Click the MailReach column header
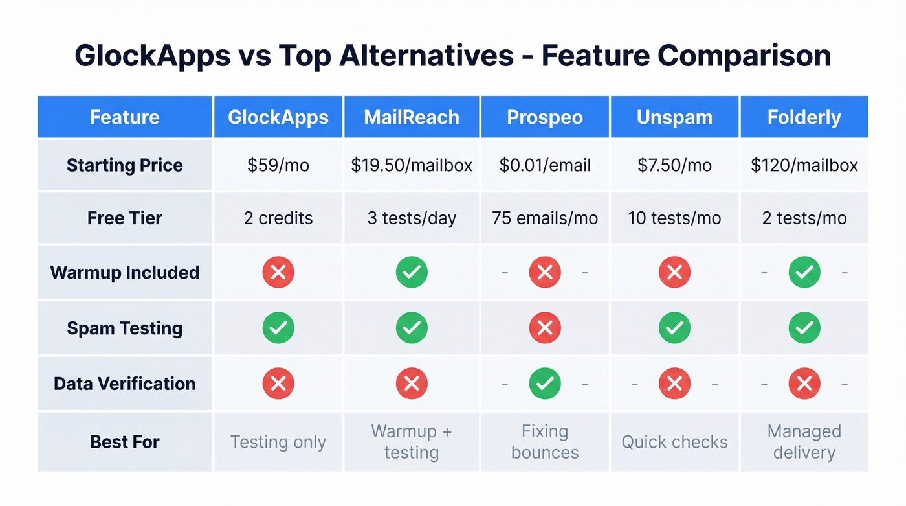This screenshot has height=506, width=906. click(412, 117)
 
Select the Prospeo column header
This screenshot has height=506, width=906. click(545, 117)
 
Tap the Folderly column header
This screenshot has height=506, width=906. click(804, 117)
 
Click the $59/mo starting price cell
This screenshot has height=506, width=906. click(278, 165)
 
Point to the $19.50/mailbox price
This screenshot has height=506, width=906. click(412, 165)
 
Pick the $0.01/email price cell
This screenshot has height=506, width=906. click(545, 165)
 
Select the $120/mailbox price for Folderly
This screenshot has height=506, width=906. click(804, 165)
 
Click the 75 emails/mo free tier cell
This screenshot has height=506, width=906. click(545, 218)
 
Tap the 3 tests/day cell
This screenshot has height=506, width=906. click(412, 218)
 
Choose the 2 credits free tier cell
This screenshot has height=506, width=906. click(278, 218)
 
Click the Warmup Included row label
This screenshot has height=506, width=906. click(125, 272)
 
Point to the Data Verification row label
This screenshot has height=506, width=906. click(125, 384)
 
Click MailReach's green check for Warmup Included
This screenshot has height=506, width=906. click(412, 272)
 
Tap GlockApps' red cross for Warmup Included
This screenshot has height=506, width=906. click(278, 272)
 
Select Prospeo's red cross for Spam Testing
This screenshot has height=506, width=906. click(545, 328)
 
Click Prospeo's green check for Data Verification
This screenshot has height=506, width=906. click(545, 384)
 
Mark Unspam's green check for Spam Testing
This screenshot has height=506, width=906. click(674, 328)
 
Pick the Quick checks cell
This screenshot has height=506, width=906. click(674, 442)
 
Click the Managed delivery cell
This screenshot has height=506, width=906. click(804, 442)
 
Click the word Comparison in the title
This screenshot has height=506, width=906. click(744, 56)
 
